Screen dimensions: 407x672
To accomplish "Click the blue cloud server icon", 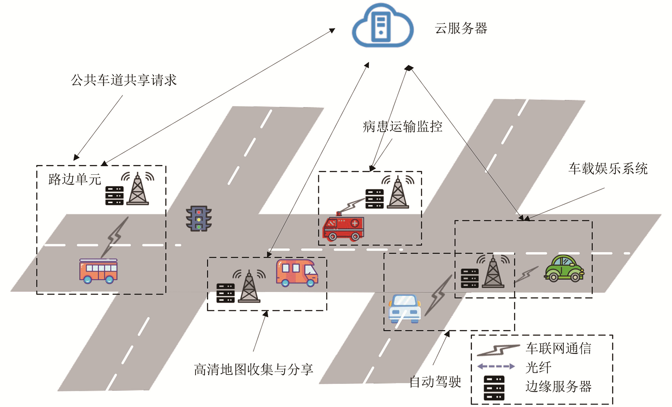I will [x=382, y=26].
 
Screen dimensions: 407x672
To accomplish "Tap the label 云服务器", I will [x=461, y=28].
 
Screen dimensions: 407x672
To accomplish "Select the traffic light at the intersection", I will [x=199, y=218].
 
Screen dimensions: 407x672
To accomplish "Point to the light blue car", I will [x=405, y=309].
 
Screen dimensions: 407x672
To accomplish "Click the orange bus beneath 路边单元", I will [x=98, y=271].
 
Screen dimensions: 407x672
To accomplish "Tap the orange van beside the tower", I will [x=297, y=273].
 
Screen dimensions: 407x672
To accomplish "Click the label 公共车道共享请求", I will [x=124, y=80].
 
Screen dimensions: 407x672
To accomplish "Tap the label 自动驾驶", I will [x=435, y=381].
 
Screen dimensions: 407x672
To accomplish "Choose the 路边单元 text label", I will [x=75, y=179].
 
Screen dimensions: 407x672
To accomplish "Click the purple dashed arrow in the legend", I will [x=496, y=366].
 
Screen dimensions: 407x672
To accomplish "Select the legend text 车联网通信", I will [x=558, y=348].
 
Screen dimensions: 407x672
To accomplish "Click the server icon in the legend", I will [x=494, y=388].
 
